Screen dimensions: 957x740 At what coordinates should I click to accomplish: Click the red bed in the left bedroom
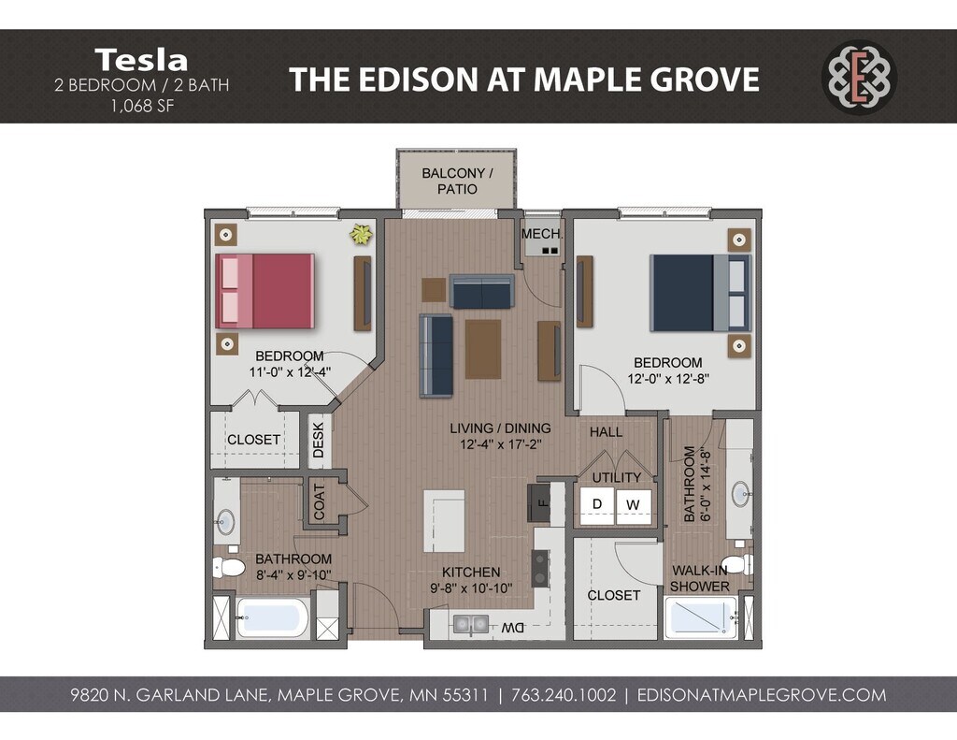(264, 291)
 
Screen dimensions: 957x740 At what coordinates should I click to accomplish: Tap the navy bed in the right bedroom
(700, 293)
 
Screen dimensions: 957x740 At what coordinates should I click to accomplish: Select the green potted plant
(361, 234)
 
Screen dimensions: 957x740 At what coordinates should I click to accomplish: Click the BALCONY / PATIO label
(457, 181)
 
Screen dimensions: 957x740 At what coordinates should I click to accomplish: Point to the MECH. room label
(542, 234)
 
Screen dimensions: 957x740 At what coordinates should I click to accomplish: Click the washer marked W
(633, 505)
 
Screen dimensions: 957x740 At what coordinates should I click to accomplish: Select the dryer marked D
(597, 505)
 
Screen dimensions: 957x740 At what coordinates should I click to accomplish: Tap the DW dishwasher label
(513, 628)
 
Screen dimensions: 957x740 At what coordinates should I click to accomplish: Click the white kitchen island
(444, 521)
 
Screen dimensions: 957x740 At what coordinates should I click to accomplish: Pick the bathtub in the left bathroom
(273, 617)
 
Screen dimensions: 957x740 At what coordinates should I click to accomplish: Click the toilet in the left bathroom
(229, 567)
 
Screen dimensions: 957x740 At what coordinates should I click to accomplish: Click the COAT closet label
(320, 501)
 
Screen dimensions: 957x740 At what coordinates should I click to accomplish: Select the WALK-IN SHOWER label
(699, 578)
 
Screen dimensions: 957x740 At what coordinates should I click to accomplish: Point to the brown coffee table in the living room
(483, 349)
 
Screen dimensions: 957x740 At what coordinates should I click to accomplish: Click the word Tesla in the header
(141, 60)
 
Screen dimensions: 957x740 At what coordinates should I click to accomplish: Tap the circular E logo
(860, 77)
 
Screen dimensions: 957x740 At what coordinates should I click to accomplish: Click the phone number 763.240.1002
(564, 695)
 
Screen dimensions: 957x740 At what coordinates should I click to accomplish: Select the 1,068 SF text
(142, 106)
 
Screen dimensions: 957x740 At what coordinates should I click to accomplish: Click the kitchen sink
(471, 625)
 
